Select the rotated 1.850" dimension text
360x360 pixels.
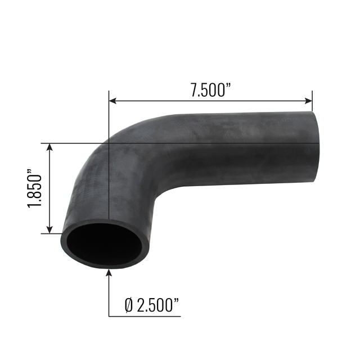point(35,188)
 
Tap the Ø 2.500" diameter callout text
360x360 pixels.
point(151,305)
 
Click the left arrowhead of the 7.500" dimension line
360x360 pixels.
point(112,101)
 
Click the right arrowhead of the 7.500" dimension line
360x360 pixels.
point(308,101)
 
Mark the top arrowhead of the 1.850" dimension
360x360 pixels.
point(51,147)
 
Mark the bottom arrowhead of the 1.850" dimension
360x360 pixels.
point(51,229)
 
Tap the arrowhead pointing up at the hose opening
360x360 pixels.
point(108,273)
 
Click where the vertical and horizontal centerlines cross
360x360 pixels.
point(108,143)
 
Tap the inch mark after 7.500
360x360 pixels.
point(229,88)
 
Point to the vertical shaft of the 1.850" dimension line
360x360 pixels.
point(51,188)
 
